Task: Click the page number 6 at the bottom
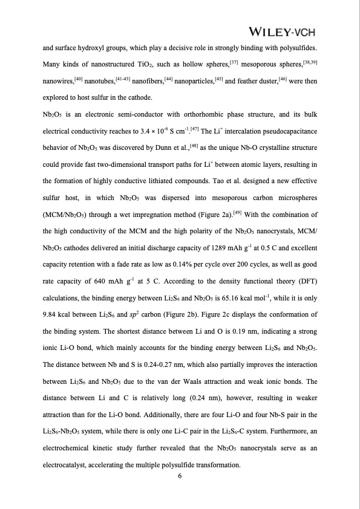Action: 180,476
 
